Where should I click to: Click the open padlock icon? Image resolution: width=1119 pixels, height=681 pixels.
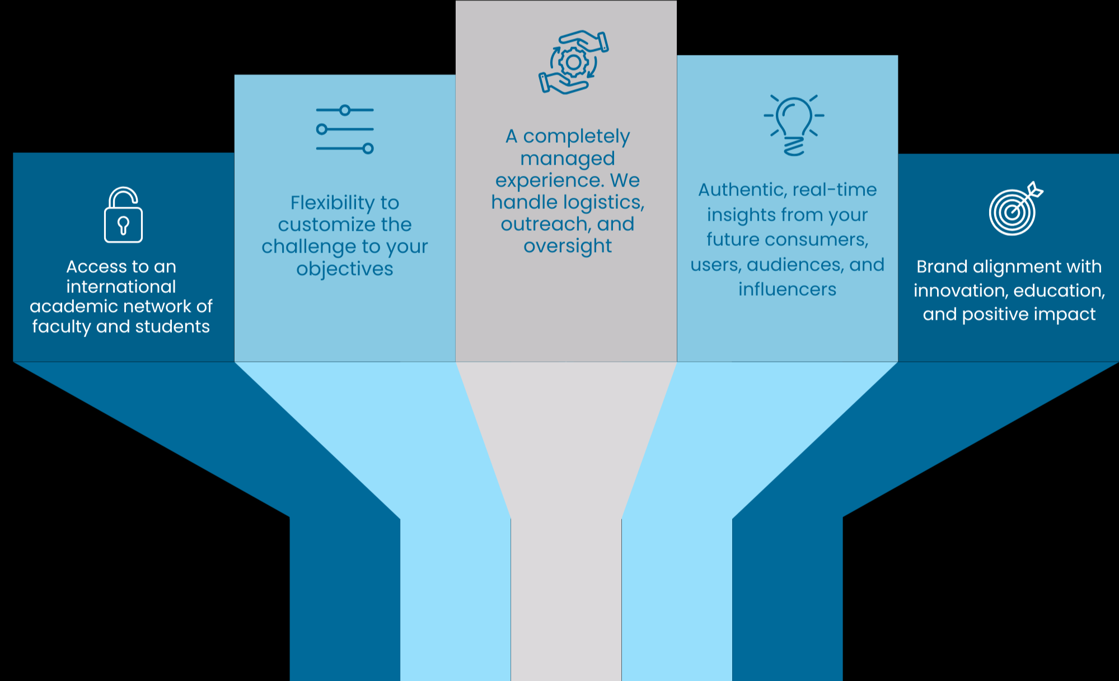point(123,215)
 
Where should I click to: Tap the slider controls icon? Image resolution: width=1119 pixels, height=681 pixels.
point(345,129)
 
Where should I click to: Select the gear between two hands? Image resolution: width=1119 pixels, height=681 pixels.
point(573,62)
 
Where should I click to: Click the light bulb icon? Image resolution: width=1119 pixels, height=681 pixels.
point(794,124)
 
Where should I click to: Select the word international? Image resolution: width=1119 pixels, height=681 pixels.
point(121,287)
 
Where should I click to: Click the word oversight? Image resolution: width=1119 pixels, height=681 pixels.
point(568,246)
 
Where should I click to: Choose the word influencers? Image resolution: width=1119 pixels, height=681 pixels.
point(787,290)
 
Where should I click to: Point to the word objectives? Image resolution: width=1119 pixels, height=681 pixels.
point(345,269)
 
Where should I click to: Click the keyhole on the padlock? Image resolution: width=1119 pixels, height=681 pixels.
point(123,225)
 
